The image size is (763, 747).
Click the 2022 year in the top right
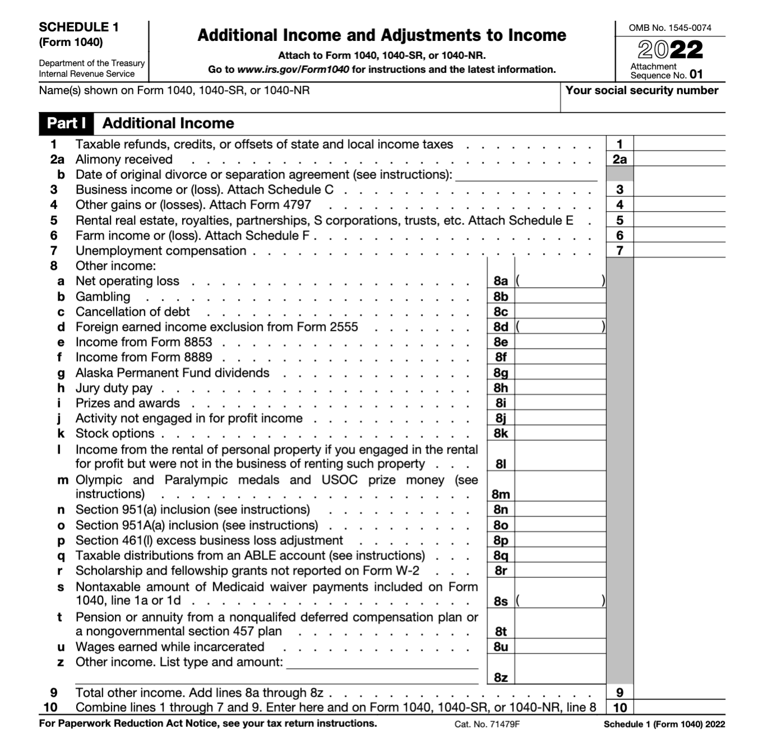[670, 50]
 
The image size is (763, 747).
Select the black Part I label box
[66, 124]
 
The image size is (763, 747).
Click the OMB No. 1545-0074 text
[670, 28]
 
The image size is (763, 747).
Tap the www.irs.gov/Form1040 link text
[293, 70]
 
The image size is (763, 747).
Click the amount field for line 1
[679, 144]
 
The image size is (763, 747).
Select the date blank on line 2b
[526, 175]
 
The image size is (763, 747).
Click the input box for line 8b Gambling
[560, 296]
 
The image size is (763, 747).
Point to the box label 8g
[501, 373]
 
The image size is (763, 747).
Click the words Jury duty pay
[114, 388]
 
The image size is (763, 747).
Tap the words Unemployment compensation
[161, 251]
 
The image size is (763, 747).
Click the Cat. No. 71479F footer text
[487, 724]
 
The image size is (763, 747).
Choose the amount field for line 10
[679, 707]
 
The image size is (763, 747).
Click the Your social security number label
[641, 91]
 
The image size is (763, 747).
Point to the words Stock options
[115, 433]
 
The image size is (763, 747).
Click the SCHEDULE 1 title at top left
[78, 27]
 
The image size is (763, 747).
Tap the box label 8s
[501, 601]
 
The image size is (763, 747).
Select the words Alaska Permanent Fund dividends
[172, 373]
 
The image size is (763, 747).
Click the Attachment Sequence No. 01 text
[666, 71]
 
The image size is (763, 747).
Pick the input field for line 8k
[560, 433]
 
